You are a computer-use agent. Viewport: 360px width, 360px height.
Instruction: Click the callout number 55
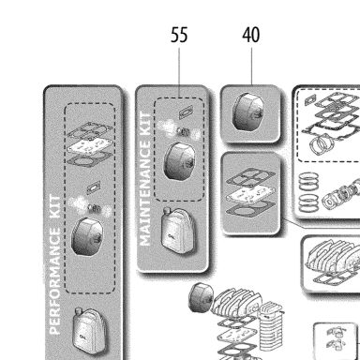(x=179, y=35)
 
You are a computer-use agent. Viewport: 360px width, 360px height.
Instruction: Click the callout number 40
(x=251, y=35)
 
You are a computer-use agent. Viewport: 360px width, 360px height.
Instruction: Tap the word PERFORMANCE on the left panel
(x=55, y=281)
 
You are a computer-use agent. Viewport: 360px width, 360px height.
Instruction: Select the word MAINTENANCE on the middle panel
(x=144, y=193)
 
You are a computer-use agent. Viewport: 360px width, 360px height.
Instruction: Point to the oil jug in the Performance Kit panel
(x=89, y=331)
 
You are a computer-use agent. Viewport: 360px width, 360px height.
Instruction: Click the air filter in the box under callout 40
(x=249, y=112)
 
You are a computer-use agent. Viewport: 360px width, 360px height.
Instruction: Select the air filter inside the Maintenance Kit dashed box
(x=180, y=161)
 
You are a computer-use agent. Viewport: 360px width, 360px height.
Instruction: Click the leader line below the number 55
(x=179, y=72)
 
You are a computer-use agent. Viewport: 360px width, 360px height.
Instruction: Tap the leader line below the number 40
(x=251, y=66)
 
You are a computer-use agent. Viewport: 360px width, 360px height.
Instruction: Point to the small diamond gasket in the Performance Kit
(x=94, y=187)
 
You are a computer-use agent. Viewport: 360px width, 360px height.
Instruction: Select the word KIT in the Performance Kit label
(x=55, y=207)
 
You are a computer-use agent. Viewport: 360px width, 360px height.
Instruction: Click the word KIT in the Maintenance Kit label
(x=144, y=125)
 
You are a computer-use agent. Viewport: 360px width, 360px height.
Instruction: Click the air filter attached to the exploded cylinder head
(x=202, y=297)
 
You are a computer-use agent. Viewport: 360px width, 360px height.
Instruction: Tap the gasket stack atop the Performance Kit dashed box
(x=90, y=143)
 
